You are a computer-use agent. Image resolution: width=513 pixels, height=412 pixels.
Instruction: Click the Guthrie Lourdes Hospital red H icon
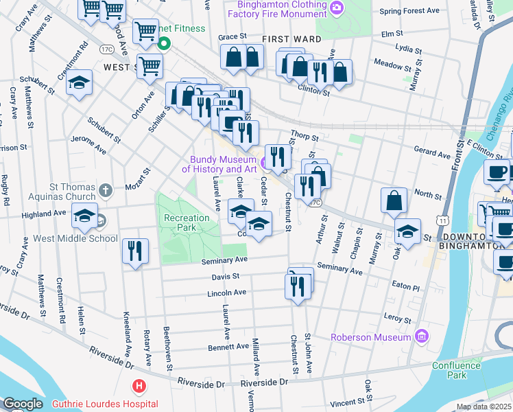pos(140,387)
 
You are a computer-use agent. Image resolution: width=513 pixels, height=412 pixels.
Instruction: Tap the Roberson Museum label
pos(370,337)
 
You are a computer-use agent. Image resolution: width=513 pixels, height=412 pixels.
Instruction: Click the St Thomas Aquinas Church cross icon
pos(104,190)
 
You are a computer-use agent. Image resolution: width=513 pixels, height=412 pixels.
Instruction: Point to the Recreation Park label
pos(187,222)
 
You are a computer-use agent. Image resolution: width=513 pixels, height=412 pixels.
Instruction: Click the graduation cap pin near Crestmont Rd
pos(80,84)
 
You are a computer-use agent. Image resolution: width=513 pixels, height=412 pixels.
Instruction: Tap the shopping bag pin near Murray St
pos(394,201)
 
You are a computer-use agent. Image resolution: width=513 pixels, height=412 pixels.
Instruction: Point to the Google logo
pos(22,404)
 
